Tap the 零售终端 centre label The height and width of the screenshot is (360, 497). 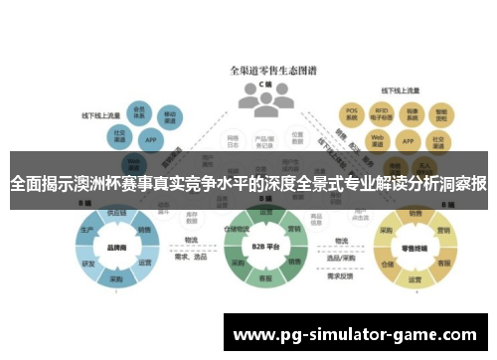410,250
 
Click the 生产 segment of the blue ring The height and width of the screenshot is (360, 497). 87,231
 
